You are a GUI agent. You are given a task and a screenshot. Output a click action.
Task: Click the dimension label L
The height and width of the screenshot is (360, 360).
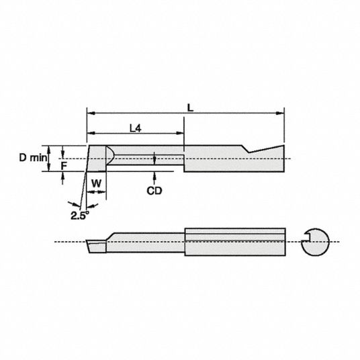[190, 107]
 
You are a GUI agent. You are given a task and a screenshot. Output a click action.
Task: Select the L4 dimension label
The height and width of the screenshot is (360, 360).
[136, 128]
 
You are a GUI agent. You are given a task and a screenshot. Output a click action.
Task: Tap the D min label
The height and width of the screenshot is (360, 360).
[33, 157]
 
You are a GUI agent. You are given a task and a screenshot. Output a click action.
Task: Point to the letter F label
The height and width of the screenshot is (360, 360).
[64, 166]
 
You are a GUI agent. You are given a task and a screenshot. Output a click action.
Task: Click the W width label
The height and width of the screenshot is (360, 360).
[97, 183]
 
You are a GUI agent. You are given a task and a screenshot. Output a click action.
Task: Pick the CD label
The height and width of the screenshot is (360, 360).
[154, 191]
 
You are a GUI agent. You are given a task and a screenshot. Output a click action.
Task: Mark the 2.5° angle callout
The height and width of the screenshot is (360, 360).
[80, 215]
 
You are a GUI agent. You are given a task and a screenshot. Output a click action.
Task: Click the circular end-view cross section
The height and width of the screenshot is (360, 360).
[315, 242]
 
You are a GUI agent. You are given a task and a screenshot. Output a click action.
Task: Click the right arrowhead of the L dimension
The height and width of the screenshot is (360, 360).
[280, 113]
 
